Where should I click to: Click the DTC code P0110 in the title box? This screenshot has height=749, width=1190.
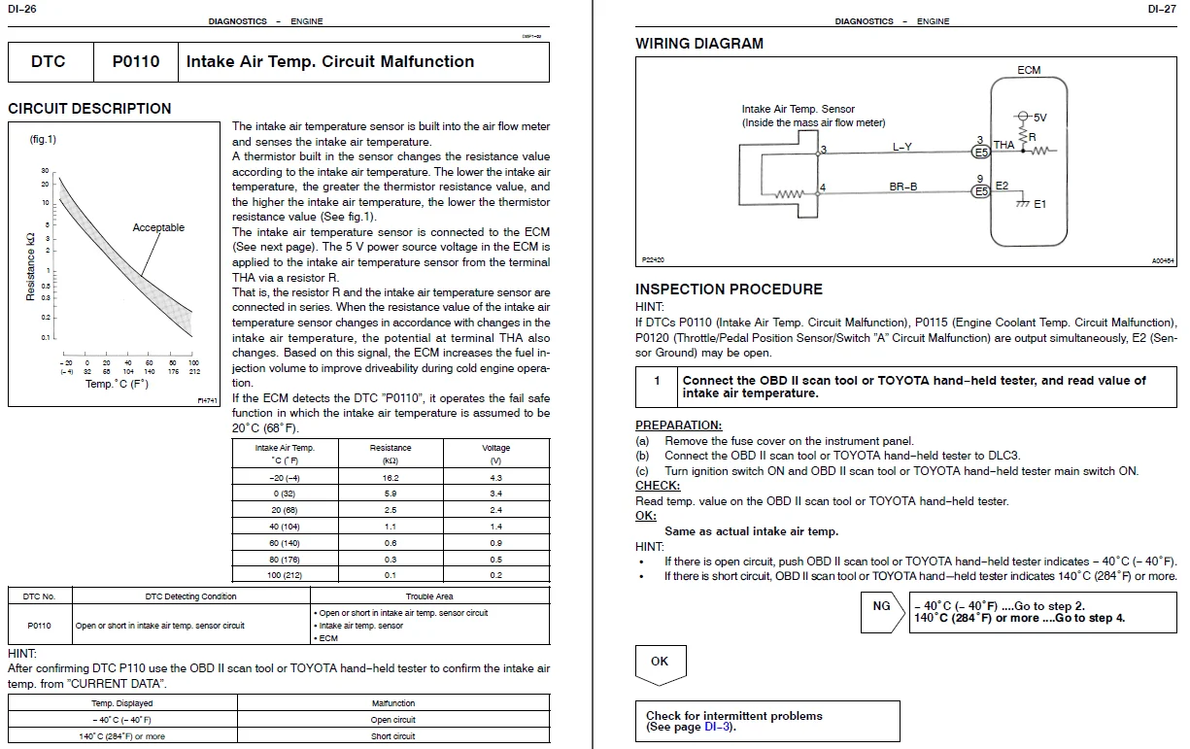click(135, 61)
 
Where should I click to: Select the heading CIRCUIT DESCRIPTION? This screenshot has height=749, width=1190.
click(89, 109)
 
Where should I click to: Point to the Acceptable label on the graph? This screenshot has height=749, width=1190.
click(158, 228)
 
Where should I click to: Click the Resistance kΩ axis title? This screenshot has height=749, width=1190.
click(31, 266)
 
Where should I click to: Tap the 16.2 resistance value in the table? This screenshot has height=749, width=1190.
click(391, 478)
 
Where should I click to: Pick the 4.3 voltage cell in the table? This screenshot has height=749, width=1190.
click(495, 478)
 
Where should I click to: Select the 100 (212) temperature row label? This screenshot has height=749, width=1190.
click(285, 575)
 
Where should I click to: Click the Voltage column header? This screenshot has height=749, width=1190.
click(495, 448)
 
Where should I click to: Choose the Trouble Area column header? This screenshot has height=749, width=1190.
click(429, 596)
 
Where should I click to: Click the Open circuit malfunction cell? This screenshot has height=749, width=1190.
click(393, 720)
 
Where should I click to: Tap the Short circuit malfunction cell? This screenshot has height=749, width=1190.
click(393, 736)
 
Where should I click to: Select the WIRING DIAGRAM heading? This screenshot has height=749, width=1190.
click(699, 44)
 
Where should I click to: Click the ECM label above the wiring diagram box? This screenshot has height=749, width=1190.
click(1029, 70)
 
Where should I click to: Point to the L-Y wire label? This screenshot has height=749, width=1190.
click(902, 148)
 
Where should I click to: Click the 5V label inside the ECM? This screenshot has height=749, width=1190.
click(1037, 118)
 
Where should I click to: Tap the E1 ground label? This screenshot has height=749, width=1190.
click(1039, 204)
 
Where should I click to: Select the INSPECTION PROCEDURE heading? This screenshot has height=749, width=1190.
click(729, 289)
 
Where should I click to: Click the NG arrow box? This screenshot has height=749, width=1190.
click(883, 607)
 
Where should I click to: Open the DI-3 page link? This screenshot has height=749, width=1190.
click(718, 728)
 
